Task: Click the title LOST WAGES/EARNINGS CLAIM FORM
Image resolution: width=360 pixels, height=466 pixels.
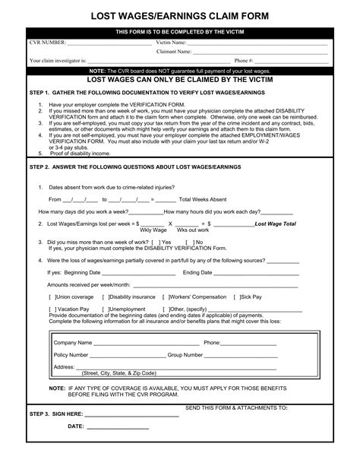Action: (x=179, y=15)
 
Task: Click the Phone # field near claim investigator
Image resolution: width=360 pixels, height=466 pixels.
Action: (x=292, y=59)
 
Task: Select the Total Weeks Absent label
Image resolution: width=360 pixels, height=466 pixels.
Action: (x=204, y=198)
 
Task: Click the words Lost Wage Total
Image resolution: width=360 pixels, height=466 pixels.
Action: (x=276, y=224)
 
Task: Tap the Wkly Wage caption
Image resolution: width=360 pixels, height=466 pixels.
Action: (x=153, y=230)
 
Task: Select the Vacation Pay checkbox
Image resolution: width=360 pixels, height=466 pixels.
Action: (x=51, y=309)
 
